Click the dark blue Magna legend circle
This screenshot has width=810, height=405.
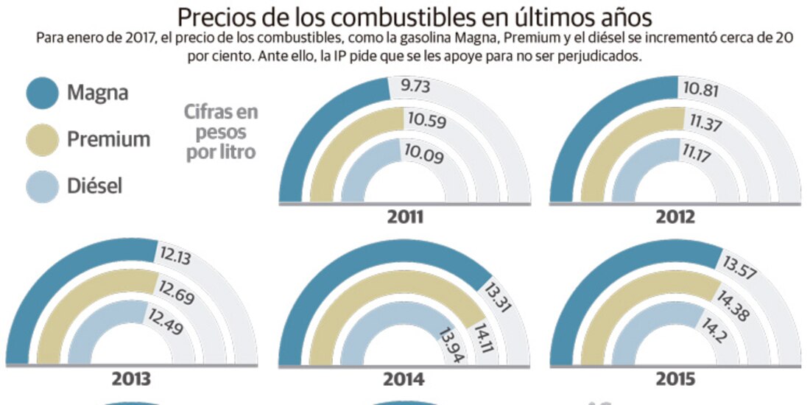(42, 94)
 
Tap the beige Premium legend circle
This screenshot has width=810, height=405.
(42, 139)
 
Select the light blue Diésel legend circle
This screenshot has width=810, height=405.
(42, 186)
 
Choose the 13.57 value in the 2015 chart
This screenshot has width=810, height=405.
(743, 266)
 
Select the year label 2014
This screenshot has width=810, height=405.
(404, 380)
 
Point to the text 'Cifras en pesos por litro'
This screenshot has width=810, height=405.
(221, 133)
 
